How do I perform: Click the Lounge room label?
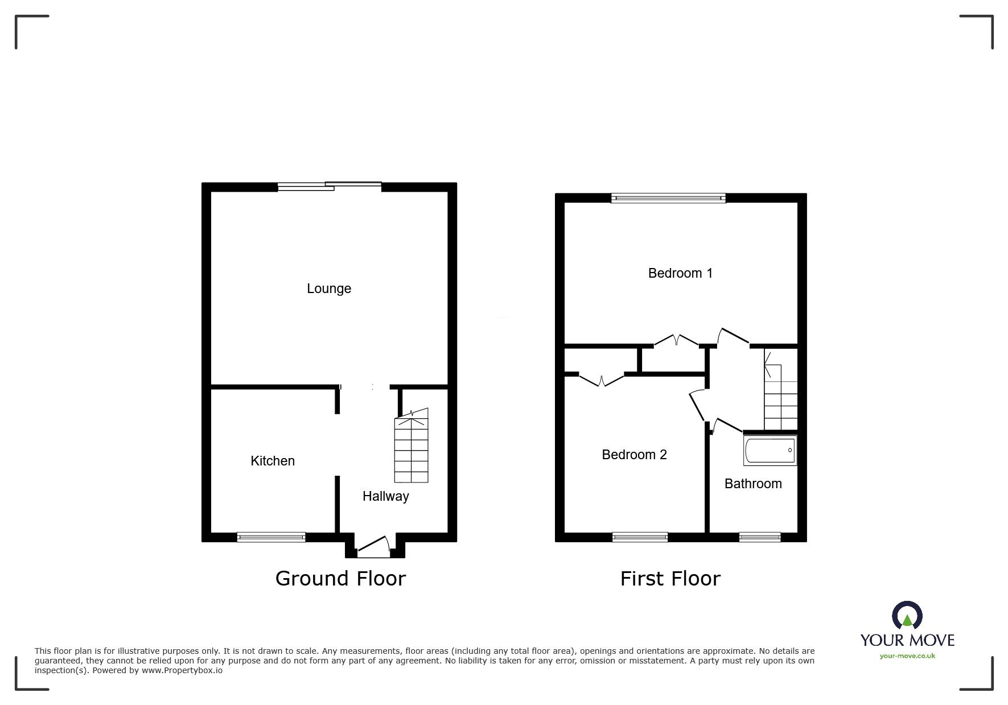[329, 288]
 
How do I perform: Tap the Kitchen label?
[273, 461]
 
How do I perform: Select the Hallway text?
[385, 496]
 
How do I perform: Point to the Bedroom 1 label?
[680, 273]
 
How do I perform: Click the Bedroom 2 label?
[634, 455]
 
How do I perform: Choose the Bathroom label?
[752, 484]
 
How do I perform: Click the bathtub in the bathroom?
[770, 451]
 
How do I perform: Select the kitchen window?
[271, 537]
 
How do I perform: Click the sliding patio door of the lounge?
[330, 185]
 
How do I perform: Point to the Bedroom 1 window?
[668, 198]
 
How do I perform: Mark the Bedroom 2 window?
[640, 537]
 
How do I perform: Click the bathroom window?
[759, 537]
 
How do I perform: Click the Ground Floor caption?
[340, 579]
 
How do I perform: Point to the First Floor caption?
[670, 579]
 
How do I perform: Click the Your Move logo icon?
[907, 616]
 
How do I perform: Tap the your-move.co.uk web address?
[907, 656]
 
